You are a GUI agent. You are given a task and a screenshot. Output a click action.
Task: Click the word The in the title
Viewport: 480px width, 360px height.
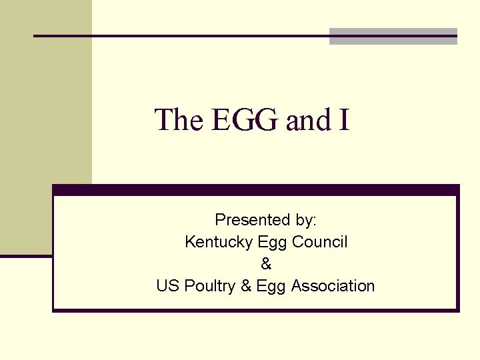pyautogui.click(x=179, y=120)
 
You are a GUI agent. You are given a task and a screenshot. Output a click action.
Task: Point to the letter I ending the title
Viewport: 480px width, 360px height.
pyautogui.click(x=344, y=120)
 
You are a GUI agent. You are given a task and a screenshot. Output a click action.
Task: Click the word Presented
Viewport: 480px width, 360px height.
pyautogui.click(x=252, y=220)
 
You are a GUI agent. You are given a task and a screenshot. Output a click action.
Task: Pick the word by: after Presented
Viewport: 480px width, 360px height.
pyautogui.click(x=305, y=220)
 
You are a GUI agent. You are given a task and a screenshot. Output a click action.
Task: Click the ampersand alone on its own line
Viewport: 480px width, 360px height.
pyautogui.click(x=266, y=264)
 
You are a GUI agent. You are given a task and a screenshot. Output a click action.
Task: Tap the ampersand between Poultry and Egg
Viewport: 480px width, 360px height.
pyautogui.click(x=245, y=286)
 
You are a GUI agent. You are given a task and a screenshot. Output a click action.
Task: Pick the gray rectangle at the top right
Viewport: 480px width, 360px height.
pyautogui.click(x=393, y=36)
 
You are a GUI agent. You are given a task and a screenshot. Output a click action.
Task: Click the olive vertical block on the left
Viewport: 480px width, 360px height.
pyautogui.click(x=46, y=127)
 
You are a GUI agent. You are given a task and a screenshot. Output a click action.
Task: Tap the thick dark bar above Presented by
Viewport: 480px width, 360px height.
pyautogui.click(x=256, y=190)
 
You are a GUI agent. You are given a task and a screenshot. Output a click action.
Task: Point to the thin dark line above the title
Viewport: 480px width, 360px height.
pyautogui.click(x=180, y=35)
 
